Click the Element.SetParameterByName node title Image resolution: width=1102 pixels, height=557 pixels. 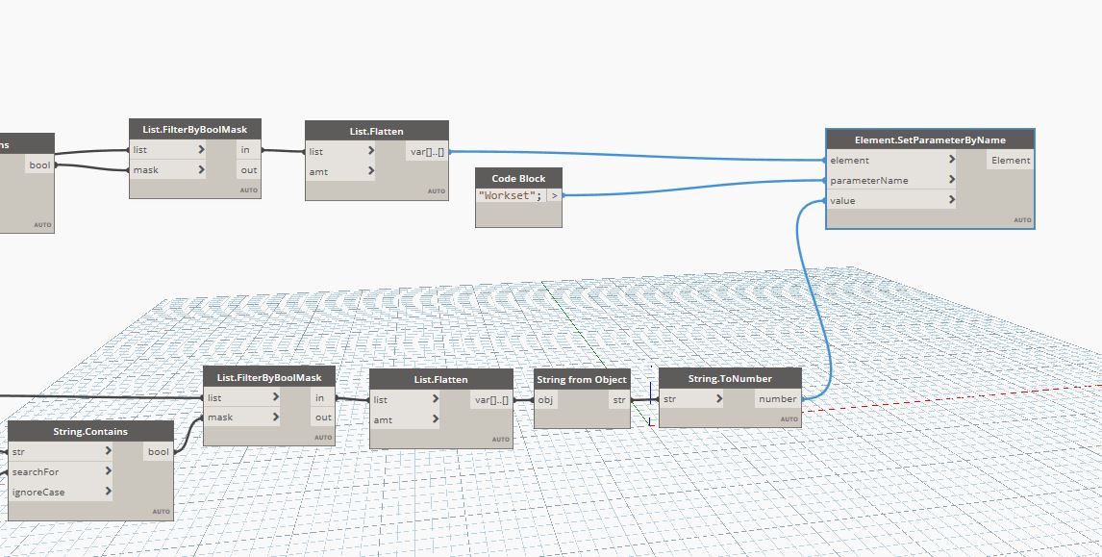[x=929, y=139]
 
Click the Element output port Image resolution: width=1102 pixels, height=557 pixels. [x=1011, y=161]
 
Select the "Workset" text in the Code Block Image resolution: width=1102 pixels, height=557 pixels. [x=510, y=196]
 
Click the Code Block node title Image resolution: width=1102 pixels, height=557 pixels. [x=518, y=178]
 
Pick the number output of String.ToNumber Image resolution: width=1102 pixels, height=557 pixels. [x=777, y=399]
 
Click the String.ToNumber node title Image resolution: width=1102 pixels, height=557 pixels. [x=730, y=379]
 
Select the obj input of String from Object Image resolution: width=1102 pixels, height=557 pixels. [x=546, y=400]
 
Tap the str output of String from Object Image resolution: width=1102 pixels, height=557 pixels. [x=618, y=400]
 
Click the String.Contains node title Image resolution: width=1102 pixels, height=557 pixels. [x=90, y=432]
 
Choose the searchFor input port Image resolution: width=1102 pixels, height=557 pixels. [x=35, y=472]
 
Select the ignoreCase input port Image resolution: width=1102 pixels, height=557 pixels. [x=38, y=493]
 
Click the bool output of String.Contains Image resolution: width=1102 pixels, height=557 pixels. [x=158, y=452]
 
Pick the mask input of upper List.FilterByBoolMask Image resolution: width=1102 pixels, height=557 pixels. [x=146, y=170]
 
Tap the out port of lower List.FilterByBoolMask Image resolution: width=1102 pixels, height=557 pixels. [x=323, y=418]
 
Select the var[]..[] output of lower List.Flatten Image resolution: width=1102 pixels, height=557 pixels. [x=491, y=400]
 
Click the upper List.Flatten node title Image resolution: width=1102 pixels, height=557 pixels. [x=376, y=131]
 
